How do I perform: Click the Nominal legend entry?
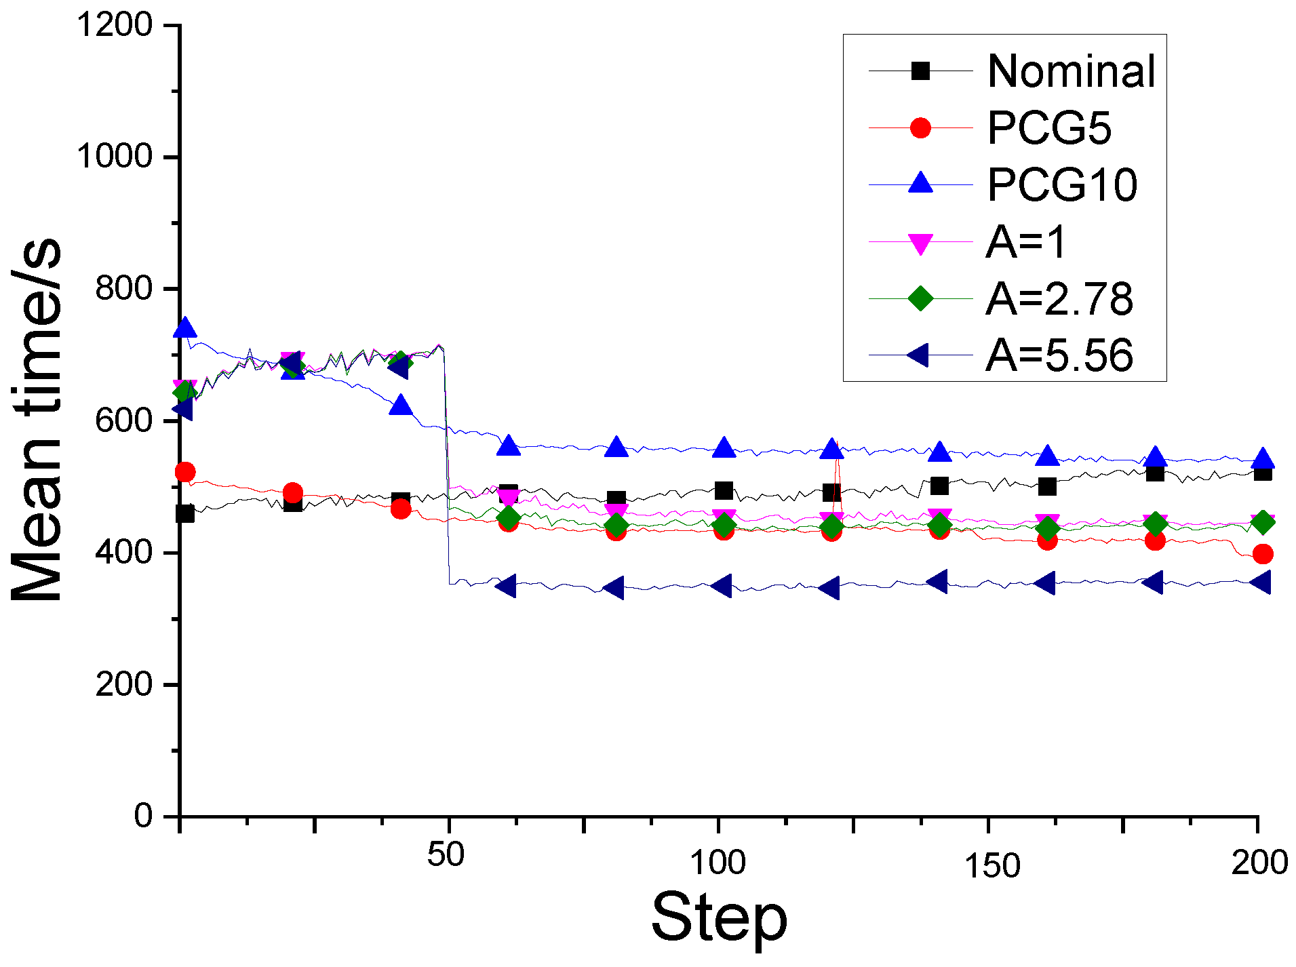[1071, 71]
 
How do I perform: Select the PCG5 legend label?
[1049, 127]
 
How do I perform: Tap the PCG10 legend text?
[1062, 184]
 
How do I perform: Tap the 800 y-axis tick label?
[125, 289]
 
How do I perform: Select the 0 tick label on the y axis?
[144, 816]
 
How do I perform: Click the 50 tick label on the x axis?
[446, 855]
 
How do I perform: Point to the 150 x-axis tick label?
[992, 866]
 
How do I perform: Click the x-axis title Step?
[719, 917]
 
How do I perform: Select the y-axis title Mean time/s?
[37, 420]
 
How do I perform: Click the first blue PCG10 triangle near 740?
[185, 329]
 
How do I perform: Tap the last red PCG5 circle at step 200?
[1262, 554]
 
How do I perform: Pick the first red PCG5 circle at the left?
[185, 472]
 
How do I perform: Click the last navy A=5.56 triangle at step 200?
[1261, 583]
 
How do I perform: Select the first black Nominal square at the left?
[184, 513]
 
